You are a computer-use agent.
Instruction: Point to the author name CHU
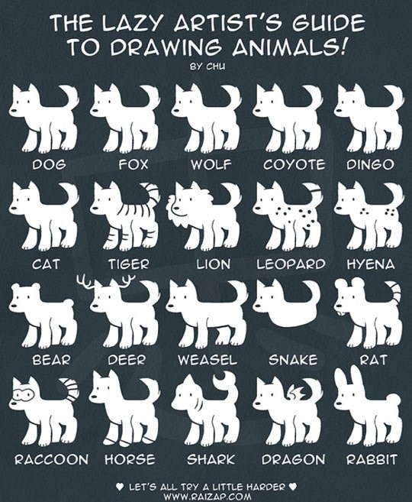(x=215, y=66)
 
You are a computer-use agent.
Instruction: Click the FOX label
(x=134, y=164)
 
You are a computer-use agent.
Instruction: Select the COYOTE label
(x=295, y=164)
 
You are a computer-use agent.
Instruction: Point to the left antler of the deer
(x=85, y=280)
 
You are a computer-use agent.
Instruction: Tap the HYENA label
(x=371, y=264)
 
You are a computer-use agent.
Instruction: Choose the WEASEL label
(x=208, y=360)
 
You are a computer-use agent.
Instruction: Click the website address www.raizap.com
(x=207, y=497)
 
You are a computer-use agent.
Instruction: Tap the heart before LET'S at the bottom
(x=120, y=487)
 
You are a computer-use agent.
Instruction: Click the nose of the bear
(x=14, y=306)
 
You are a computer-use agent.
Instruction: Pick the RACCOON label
(x=51, y=460)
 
